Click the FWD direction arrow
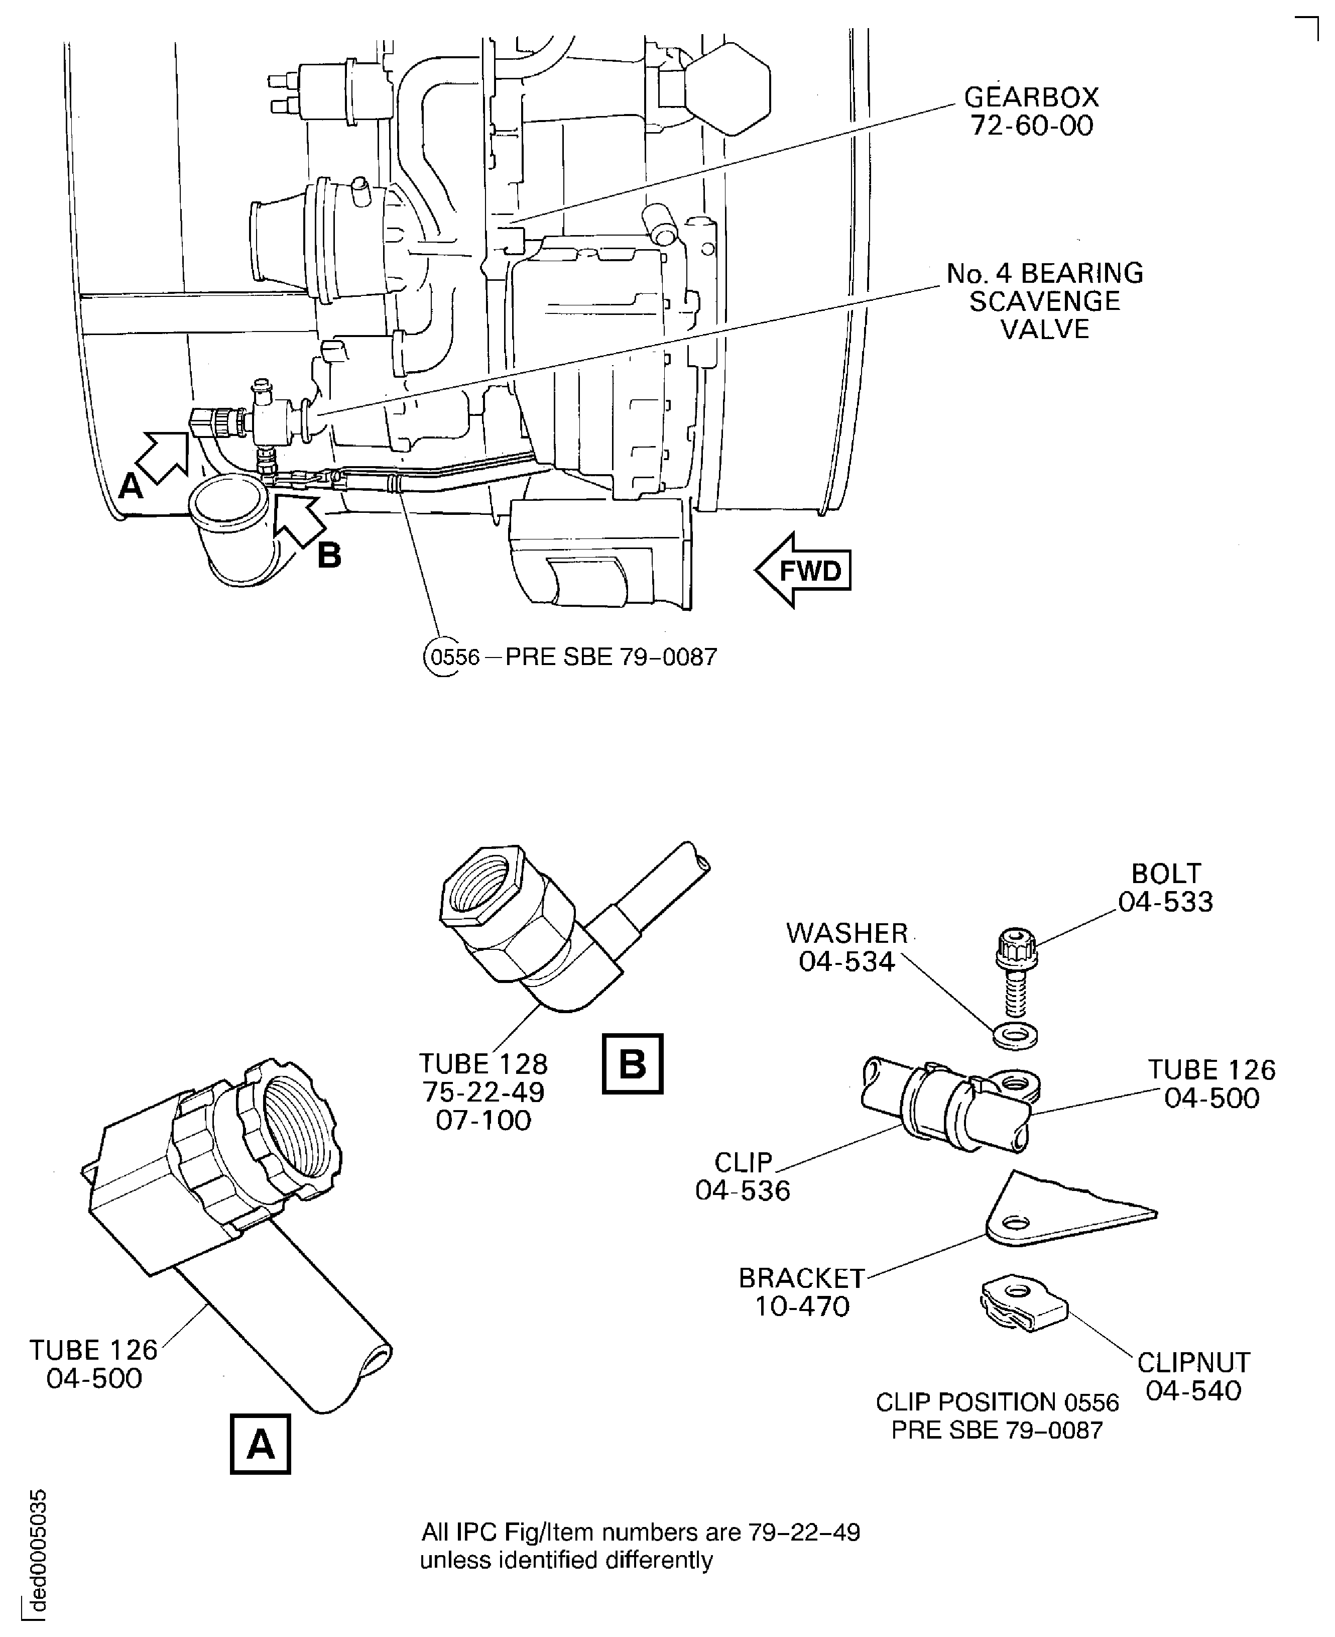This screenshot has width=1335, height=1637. pos(804,570)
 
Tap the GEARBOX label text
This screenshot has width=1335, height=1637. pos(1031,97)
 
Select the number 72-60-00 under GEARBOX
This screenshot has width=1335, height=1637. pos(1031,126)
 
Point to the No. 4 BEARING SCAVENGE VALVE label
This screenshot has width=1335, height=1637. pos(1044,301)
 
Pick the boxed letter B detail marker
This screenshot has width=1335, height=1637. pos(632,1064)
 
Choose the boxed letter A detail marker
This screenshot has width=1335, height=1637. pos(261,1444)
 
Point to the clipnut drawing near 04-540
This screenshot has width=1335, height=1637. pos(1023,1305)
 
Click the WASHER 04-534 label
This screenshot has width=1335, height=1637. pos(846,947)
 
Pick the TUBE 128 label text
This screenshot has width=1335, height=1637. pos(483,1064)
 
